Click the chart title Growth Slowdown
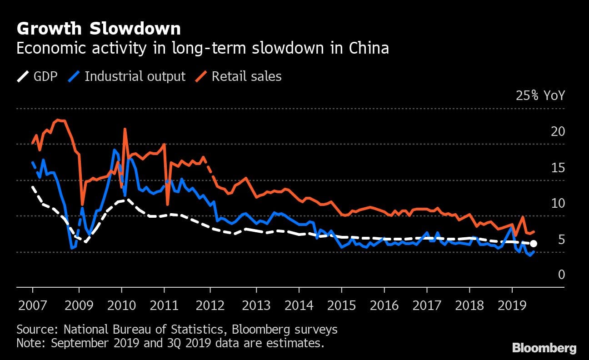pyautogui.click(x=98, y=29)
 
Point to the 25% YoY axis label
pyautogui.click(x=540, y=96)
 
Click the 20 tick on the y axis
pyautogui.click(x=558, y=132)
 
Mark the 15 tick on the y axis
pyautogui.click(x=558, y=168)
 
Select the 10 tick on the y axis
pyautogui.click(x=558, y=203)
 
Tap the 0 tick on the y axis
pyautogui.click(x=561, y=275)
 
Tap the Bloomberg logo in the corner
pyautogui.click(x=544, y=349)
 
